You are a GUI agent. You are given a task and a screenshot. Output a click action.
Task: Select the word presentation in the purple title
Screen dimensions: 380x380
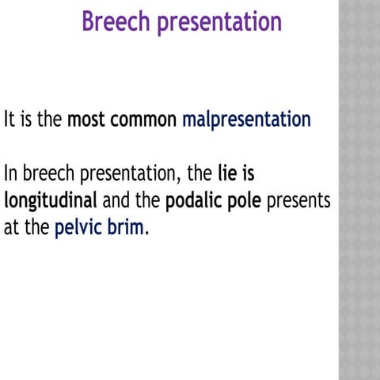coord(218,22)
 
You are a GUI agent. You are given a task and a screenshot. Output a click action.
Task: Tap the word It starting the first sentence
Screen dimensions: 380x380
coord(10,120)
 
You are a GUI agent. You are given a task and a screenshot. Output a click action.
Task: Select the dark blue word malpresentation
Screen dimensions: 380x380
coord(246,121)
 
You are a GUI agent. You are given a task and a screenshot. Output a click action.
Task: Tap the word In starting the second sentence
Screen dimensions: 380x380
coord(12,173)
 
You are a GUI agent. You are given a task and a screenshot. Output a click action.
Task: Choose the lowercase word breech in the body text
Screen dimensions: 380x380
coord(50,173)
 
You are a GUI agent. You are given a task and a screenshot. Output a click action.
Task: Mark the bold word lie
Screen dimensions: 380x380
coord(229,173)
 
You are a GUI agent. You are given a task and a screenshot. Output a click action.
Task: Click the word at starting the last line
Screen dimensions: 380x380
coord(10,228)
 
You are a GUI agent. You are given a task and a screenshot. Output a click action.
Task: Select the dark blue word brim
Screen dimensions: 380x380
coord(125,228)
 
